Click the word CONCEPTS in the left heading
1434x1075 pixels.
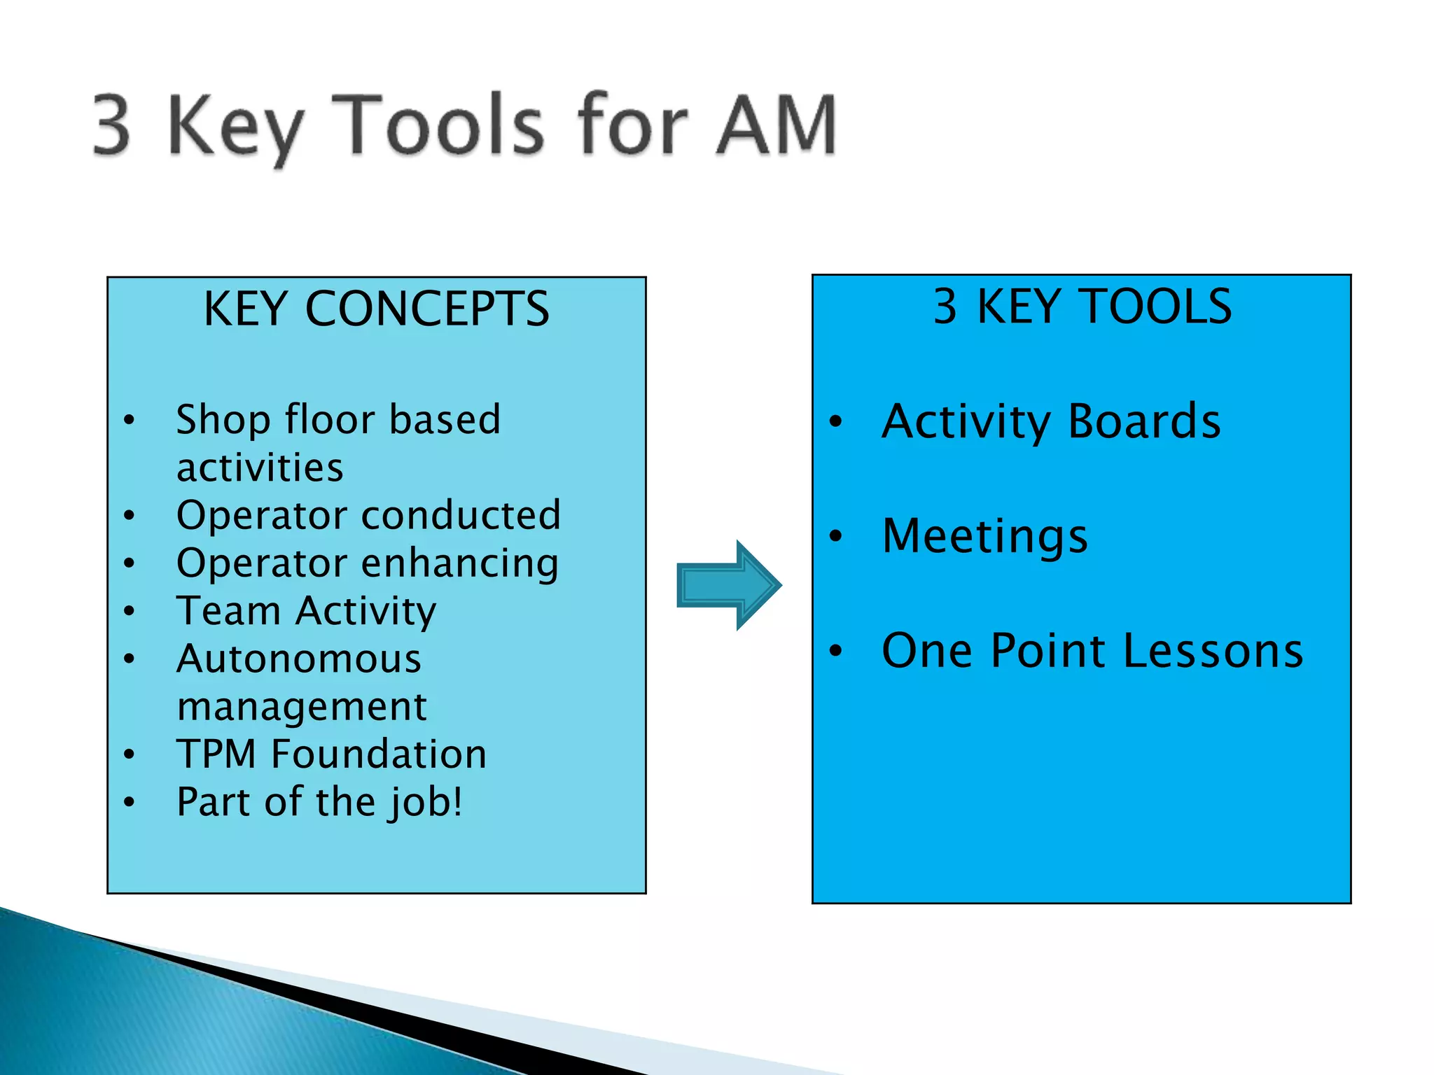tap(427, 309)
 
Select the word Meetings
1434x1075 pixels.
tap(984, 536)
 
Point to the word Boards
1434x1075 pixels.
tap(1144, 421)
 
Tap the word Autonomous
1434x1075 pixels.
tap(299, 659)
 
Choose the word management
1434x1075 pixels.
tap(302, 707)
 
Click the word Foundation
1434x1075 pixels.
tap(379, 754)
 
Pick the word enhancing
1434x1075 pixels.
tap(460, 564)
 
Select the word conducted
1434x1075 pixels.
tap(461, 516)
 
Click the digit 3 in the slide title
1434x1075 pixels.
tap(112, 125)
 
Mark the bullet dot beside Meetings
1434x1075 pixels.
tap(835, 537)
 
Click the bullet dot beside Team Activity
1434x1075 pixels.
tap(129, 611)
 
